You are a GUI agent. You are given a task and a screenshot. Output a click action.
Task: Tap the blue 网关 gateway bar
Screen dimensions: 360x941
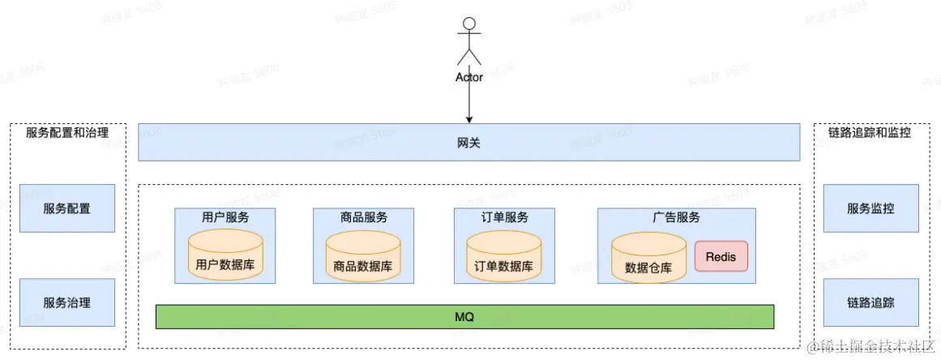(x=469, y=142)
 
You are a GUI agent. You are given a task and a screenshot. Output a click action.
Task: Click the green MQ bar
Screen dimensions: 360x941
(x=464, y=316)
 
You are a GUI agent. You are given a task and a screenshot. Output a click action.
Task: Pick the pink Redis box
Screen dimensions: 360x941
(x=721, y=256)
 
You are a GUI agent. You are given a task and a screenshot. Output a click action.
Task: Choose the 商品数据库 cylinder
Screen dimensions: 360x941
(x=363, y=256)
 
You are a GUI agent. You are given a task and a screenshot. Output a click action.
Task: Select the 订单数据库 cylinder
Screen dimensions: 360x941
(x=504, y=256)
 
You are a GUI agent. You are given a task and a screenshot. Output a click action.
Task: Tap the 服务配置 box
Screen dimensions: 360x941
(x=67, y=208)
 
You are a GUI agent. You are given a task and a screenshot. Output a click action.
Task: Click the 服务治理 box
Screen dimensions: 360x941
(x=67, y=302)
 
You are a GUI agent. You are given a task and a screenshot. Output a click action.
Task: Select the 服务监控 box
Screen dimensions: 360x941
(x=871, y=208)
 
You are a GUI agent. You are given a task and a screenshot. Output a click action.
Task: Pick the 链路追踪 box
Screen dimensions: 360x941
(x=871, y=302)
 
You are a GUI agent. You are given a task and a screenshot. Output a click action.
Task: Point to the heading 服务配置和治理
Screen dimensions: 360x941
(x=67, y=132)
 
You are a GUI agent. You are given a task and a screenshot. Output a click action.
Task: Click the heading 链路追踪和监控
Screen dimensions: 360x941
(x=870, y=132)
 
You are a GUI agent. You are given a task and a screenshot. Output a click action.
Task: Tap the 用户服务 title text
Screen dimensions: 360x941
(x=225, y=217)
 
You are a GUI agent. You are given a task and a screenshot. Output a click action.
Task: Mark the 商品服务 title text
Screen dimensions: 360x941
(x=364, y=217)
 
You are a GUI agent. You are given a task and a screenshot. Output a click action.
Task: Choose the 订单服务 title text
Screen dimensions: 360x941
(x=504, y=217)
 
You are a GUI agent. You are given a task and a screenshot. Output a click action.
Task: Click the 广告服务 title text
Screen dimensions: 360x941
(x=677, y=217)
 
